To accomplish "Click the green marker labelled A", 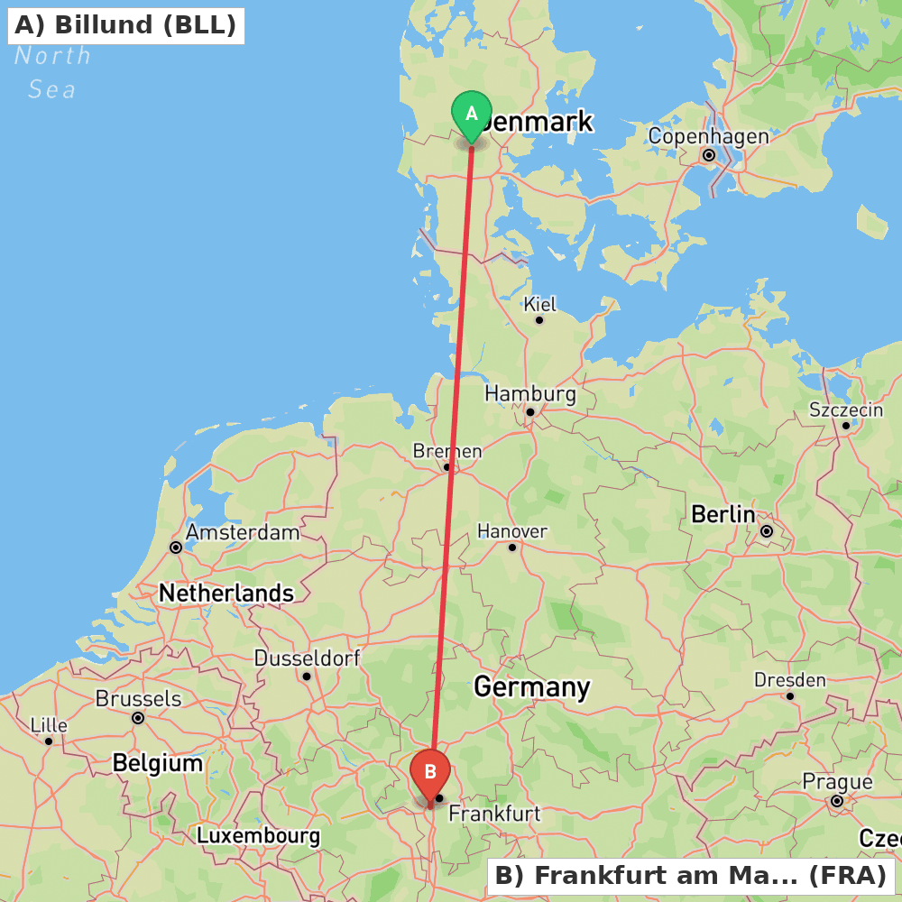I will (471, 115).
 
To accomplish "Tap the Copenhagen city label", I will (708, 136).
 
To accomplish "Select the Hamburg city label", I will (529, 393).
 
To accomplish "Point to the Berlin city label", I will (723, 514).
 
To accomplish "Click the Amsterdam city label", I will (243, 532).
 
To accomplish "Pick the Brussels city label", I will (138, 698).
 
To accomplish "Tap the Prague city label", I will (837, 781).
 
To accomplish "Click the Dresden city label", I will (789, 679).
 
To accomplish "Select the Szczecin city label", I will (846, 410).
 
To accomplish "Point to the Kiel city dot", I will (539, 319).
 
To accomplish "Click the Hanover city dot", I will (512, 547).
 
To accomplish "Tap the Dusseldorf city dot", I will (307, 676).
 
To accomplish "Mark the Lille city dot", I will (49, 741).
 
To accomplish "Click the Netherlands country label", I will (226, 593).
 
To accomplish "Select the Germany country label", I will (531, 687).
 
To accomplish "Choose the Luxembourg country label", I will (258, 835).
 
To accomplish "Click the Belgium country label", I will (158, 763).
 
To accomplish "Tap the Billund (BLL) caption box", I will (125, 25).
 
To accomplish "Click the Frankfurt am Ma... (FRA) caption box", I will (691, 875).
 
